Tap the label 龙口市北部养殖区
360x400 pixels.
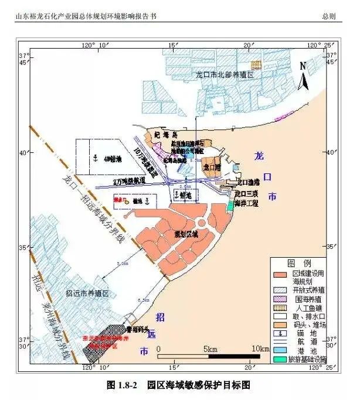pos(224,76)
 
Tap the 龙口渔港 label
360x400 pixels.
pos(248,182)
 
